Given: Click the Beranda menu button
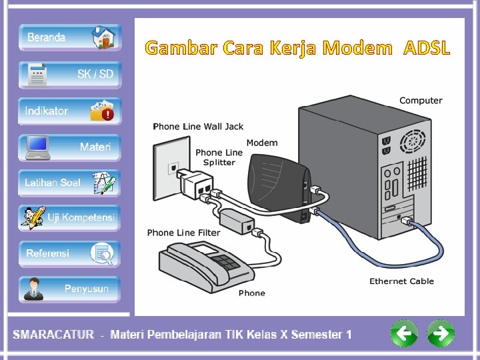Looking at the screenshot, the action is pos(70,37).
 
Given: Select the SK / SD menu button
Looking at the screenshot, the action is pos(70,75).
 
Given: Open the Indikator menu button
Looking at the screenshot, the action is pos(70,111).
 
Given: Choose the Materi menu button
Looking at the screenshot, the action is pos(70,147).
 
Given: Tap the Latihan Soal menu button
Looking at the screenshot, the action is pos(70,183).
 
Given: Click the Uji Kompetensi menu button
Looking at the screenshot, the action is pos(70,218).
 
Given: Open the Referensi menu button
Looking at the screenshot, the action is pos(70,253).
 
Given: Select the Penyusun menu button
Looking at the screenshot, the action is pos(70,289).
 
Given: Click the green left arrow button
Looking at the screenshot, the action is pos(404,333).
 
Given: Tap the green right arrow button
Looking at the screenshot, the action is pos(440,333).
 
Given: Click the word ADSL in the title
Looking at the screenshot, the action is pos(427,48).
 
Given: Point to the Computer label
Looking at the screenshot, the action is pos(421,101).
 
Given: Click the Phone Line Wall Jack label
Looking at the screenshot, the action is pos(198,127).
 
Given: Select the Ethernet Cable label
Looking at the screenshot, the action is pos(401,281).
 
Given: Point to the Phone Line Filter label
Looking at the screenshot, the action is pos(183,233).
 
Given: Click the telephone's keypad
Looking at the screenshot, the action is pos(225,261).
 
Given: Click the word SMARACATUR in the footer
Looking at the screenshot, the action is pos(53,335).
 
